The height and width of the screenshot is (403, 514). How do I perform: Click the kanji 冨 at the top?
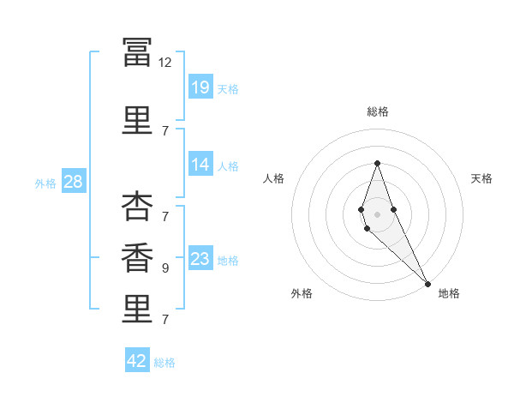[137, 52]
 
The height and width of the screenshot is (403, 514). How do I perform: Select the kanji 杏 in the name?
[137, 208]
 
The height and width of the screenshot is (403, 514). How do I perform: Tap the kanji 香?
[137, 259]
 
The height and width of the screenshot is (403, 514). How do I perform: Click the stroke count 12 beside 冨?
[164, 63]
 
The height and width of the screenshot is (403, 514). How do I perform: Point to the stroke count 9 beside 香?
[164, 268]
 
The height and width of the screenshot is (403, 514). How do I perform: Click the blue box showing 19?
[200, 87]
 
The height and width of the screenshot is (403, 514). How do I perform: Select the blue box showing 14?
[200, 165]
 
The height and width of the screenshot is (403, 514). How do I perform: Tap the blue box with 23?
[200, 259]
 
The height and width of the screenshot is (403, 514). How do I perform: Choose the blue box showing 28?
[72, 182]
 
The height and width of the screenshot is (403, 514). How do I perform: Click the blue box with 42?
[137, 361]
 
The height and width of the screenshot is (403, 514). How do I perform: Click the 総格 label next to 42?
[164, 363]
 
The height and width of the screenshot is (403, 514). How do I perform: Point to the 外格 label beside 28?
[45, 183]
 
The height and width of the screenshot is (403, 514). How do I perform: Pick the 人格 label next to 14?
[228, 165]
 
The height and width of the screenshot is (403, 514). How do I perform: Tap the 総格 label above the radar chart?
[377, 111]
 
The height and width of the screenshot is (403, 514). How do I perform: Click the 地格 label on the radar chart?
[448, 293]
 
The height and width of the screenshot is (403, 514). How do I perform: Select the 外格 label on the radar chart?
[302, 293]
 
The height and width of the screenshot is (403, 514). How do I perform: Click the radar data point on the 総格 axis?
[377, 163]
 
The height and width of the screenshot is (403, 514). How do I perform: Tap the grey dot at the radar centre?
[377, 214]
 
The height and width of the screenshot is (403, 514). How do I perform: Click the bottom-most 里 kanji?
[137, 310]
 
